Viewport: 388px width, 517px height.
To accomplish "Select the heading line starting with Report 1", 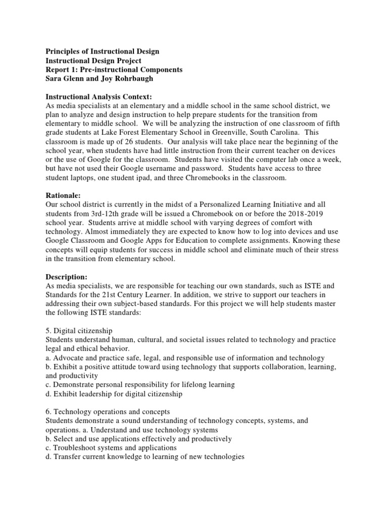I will (x=114, y=70).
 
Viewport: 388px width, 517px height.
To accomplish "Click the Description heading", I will (x=67, y=277).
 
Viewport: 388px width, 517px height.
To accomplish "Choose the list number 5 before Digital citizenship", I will (x=48, y=331).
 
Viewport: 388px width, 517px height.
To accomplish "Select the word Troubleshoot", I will (x=76, y=448).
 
